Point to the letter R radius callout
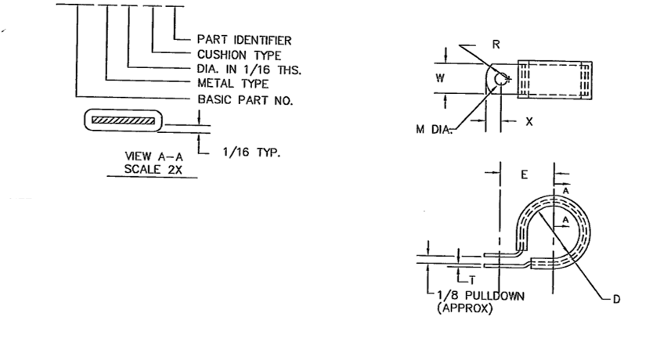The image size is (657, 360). tap(496, 45)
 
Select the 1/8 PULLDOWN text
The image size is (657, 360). tap(481, 297)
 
